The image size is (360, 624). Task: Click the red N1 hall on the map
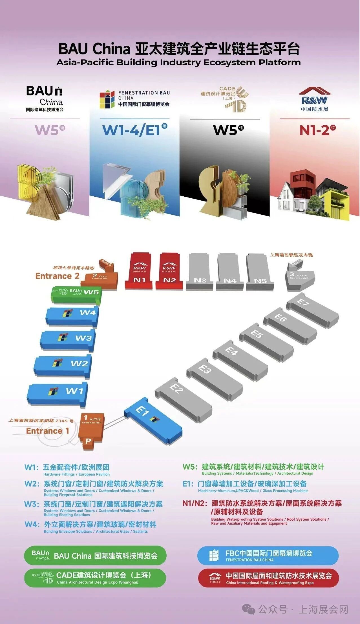click(x=139, y=271)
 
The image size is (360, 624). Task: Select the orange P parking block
click(x=88, y=441)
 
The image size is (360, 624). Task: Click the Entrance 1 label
click(x=47, y=431)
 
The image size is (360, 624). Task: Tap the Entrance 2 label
click(x=57, y=276)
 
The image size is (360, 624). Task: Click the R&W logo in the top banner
click(x=314, y=100)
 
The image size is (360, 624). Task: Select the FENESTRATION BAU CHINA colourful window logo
click(x=107, y=99)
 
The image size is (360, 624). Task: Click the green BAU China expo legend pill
click(x=95, y=555)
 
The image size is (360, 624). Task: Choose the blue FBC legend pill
click(x=268, y=555)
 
